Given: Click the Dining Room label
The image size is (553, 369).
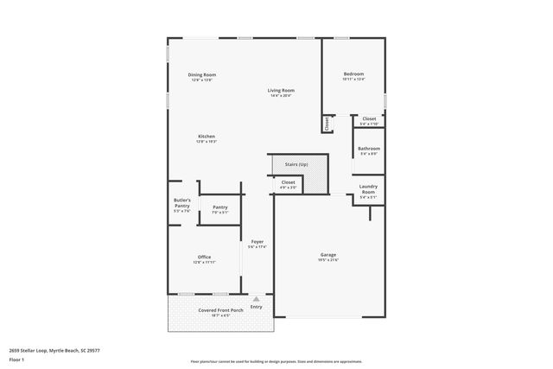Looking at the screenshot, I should (202, 75).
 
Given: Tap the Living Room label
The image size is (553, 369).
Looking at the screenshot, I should (281, 91).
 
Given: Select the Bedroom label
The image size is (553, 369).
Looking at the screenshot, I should (353, 74).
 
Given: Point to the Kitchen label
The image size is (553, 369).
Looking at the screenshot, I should (206, 137).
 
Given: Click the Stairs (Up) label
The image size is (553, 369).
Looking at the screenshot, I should (296, 164).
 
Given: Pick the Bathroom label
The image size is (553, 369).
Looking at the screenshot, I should (369, 149).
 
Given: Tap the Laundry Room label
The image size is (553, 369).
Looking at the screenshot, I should (368, 190).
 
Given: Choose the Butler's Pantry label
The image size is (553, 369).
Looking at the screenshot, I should (181, 203).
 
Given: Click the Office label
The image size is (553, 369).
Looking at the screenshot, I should (204, 257).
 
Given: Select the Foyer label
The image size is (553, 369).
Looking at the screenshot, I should (257, 241).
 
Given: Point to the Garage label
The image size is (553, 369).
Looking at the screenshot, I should (328, 255).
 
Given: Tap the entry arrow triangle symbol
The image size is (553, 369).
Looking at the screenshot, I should (256, 299).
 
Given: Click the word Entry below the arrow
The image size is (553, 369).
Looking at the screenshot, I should (256, 307).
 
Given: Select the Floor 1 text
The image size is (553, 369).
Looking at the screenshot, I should (16, 359).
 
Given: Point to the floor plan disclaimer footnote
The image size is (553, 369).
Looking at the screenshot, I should (276, 361).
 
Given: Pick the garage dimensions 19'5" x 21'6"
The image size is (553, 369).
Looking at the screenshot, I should (328, 260).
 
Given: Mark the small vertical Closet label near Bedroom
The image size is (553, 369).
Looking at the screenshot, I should (327, 124).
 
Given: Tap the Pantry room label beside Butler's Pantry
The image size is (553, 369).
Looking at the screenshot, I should (220, 207).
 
